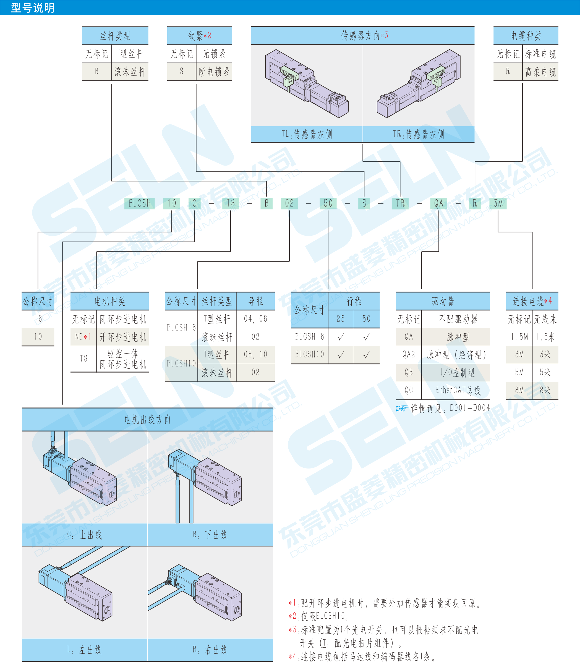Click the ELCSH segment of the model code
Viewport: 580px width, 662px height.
tap(140, 203)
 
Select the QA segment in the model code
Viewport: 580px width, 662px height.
tap(438, 203)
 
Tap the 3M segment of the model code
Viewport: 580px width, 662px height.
tap(498, 203)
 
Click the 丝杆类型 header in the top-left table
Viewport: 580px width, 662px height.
tap(115, 36)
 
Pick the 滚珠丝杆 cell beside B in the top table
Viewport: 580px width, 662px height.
tap(130, 72)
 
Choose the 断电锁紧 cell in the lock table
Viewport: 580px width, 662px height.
tap(214, 72)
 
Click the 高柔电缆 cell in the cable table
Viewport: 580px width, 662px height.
tap(540, 72)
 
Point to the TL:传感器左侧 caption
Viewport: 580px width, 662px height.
tap(307, 134)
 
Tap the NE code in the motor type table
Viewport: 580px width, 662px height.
tap(83, 337)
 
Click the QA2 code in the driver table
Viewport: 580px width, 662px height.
tap(408, 355)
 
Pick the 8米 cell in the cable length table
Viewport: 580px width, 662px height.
tap(545, 391)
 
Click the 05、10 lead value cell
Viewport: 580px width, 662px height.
tap(255, 355)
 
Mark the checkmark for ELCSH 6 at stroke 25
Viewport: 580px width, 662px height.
tap(341, 337)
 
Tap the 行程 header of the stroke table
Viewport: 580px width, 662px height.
tap(354, 301)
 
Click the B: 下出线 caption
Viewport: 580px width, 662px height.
tap(210, 535)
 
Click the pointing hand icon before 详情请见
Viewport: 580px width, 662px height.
tap(402, 408)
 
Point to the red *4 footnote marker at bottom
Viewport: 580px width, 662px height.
tap(292, 656)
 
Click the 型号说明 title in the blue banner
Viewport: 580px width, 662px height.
tap(33, 7)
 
